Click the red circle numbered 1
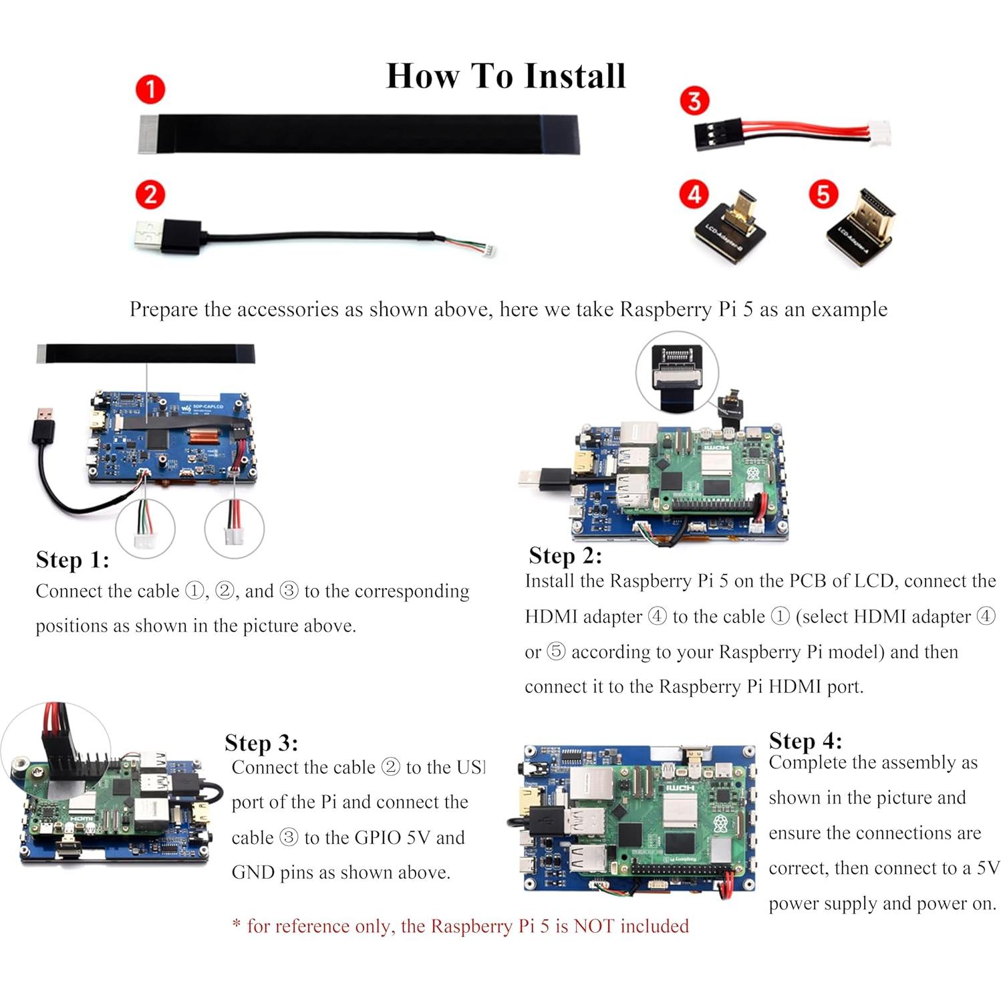click(150, 90)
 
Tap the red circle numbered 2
click(150, 194)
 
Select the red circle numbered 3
click(694, 101)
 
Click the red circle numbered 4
click(694, 194)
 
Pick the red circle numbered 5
click(823, 194)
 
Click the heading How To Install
click(506, 76)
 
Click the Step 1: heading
click(72, 560)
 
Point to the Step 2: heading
click(565, 556)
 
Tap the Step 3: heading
click(261, 743)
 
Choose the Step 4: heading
click(805, 741)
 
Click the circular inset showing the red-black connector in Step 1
click(234, 528)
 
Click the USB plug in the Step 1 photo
click(44, 426)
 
